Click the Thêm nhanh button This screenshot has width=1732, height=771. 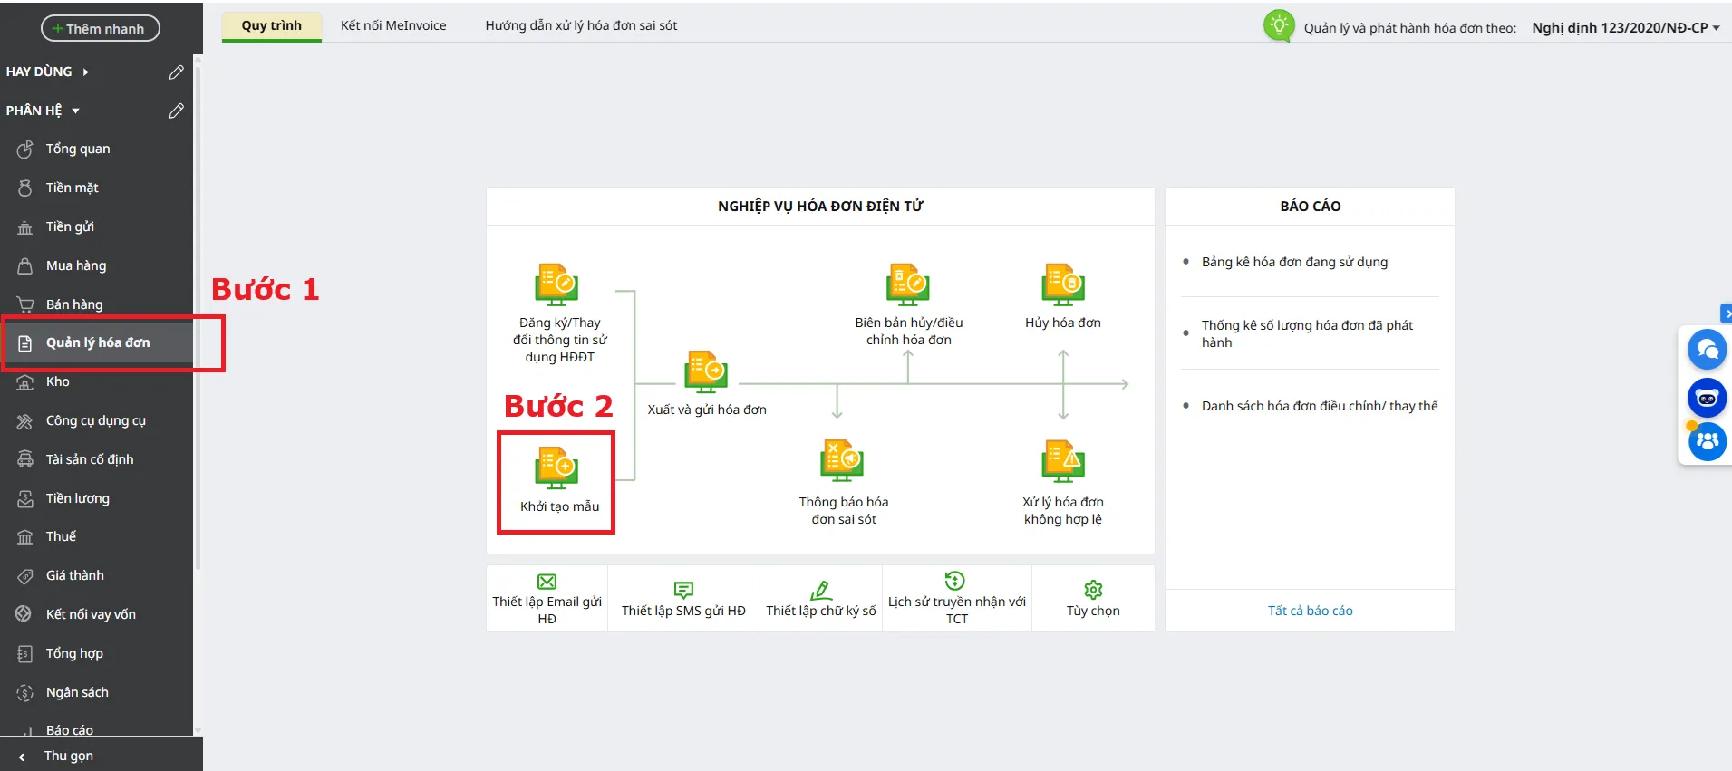pyautogui.click(x=100, y=28)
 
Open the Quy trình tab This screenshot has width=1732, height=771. pyautogui.click(x=271, y=25)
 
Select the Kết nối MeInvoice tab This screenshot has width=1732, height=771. pyautogui.click(x=393, y=25)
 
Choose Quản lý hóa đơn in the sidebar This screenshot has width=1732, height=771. pyautogui.click(x=98, y=342)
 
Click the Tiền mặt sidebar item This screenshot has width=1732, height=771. pyautogui.click(x=72, y=188)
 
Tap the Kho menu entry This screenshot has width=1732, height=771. pyautogui.click(x=57, y=381)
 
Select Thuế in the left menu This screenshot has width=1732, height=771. pyautogui.click(x=61, y=536)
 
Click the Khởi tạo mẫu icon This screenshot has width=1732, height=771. pyautogui.click(x=556, y=467)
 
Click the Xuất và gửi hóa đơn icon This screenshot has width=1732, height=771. pyautogui.click(x=706, y=371)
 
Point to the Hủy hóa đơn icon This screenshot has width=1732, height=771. pyautogui.click(x=1063, y=284)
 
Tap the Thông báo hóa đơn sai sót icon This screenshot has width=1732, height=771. pyautogui.click(x=842, y=460)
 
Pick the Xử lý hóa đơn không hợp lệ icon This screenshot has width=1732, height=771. pyautogui.click(x=1063, y=460)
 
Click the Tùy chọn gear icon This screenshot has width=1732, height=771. pyautogui.click(x=1093, y=590)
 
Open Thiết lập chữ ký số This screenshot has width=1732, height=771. pyautogui.click(x=821, y=600)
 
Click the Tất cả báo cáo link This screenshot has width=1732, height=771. pyautogui.click(x=1310, y=611)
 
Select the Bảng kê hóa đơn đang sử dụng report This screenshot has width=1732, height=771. pyautogui.click(x=1294, y=262)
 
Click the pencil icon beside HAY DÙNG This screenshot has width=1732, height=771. pyautogui.click(x=177, y=72)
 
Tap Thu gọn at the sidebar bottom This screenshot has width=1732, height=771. pyautogui.click(x=68, y=756)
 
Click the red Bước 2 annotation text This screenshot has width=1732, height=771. pyautogui.click(x=558, y=406)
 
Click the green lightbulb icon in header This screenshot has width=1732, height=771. pyautogui.click(x=1279, y=25)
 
